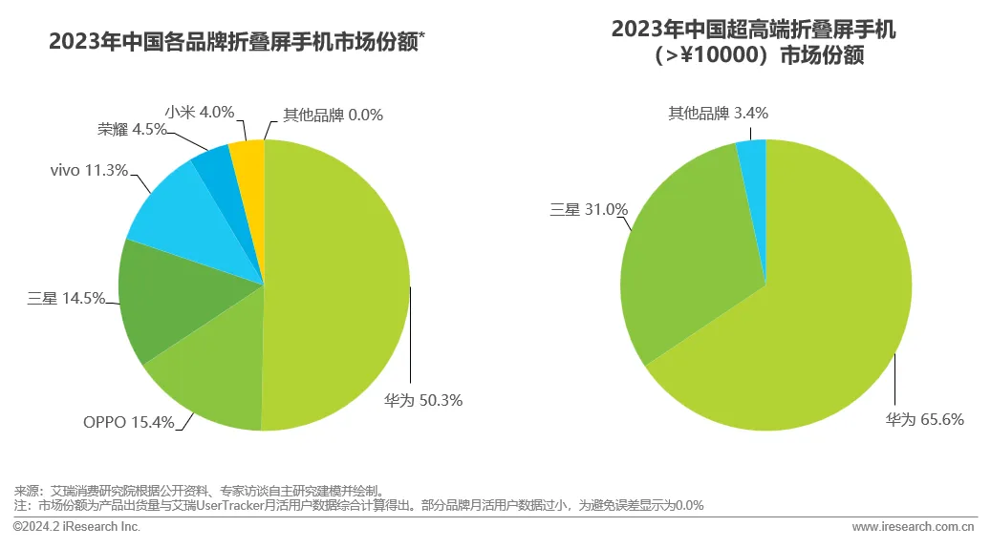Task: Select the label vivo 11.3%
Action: point(89,171)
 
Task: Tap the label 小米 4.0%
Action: point(200,112)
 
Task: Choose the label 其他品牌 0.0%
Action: point(333,116)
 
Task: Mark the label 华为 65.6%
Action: point(924,419)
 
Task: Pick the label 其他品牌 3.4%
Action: point(718,114)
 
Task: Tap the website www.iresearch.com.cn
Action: point(913,527)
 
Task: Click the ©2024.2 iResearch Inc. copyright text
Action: point(76,527)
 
